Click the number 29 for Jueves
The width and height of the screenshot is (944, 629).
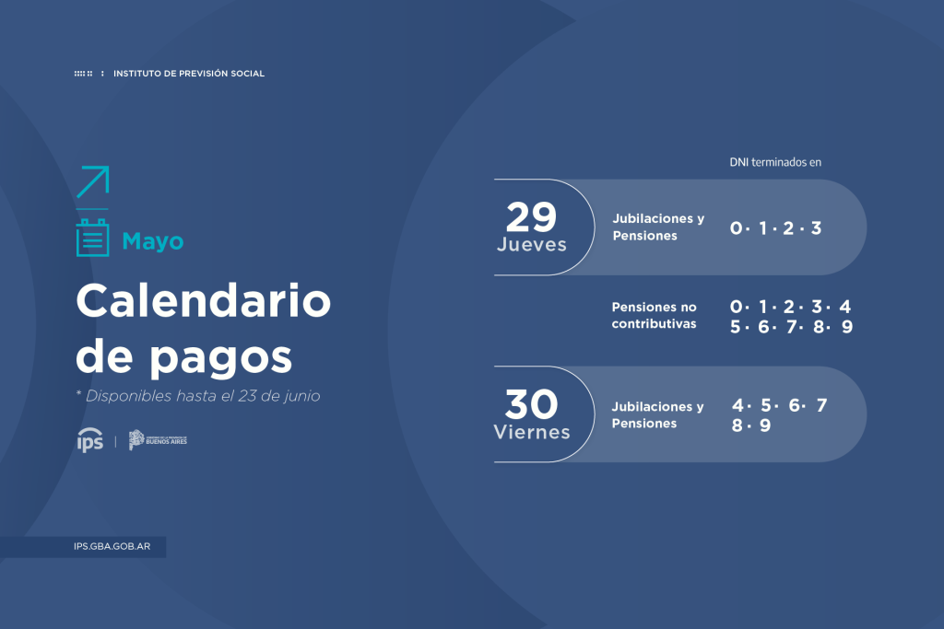point(531,217)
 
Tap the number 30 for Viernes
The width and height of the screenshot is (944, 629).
point(531,405)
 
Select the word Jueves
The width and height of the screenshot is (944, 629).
point(531,245)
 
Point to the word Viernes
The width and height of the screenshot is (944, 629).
point(531,432)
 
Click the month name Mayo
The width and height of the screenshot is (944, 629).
point(153,241)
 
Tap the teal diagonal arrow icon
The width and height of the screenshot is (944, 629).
point(92,181)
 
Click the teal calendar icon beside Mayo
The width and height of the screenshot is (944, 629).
point(92,238)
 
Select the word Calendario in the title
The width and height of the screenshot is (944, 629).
point(203,301)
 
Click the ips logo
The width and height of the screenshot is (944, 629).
point(90,441)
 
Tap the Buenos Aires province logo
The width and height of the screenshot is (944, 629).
point(158,440)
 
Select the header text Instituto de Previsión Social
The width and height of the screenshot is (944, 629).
point(188,74)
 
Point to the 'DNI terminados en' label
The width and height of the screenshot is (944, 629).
point(774,162)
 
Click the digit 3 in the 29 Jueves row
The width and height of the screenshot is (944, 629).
point(816,227)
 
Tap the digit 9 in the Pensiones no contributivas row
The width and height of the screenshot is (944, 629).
point(846,327)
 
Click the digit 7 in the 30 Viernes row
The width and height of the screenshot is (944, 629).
point(821,405)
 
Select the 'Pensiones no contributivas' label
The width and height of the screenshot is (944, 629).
point(655,315)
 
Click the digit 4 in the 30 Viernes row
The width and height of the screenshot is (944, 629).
point(737,405)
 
